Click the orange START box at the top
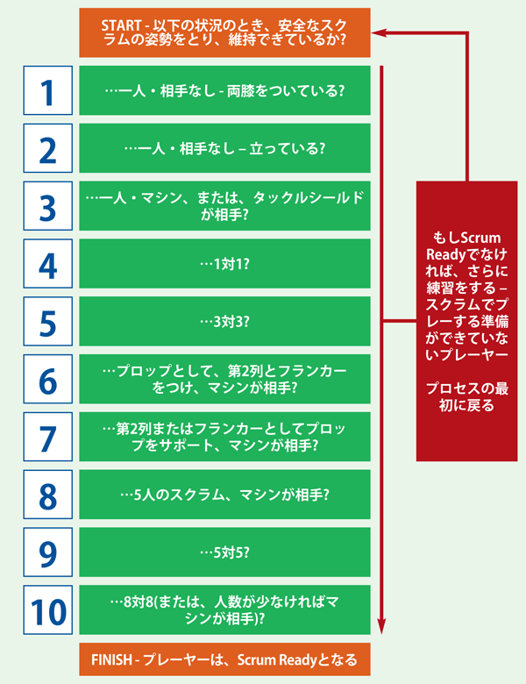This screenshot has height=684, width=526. coord(224,33)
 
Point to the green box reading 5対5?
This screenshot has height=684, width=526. coord(224,552)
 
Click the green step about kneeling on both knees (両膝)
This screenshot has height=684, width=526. coord(224,90)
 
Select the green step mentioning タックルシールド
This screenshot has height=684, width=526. coord(224,206)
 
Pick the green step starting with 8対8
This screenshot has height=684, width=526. coord(224,609)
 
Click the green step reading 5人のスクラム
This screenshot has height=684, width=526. coord(224,494)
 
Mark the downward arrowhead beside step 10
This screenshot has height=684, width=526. coord(382,624)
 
